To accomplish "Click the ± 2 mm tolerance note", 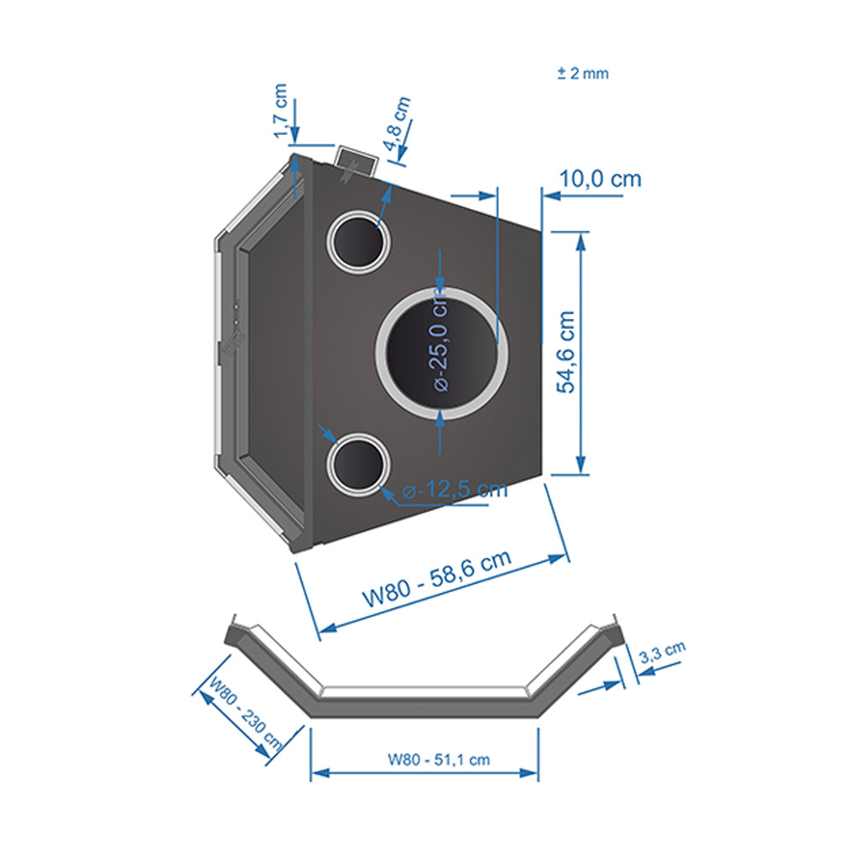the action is (583, 73).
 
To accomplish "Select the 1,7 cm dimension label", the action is (280, 111).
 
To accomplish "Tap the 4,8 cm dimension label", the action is (398, 123).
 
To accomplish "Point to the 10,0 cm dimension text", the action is (600, 179).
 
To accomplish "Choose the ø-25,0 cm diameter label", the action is (441, 341).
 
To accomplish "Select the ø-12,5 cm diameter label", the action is (455, 489).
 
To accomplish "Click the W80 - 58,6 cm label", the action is (436, 579).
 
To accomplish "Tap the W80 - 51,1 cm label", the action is (439, 760).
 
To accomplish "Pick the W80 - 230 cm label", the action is (246, 714).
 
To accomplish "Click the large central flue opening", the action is (442, 353).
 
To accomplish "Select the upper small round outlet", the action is (358, 242).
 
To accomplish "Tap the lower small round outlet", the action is (358, 464).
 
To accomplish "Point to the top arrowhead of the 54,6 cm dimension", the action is (580, 239).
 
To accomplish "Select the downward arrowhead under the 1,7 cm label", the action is (294, 134).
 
